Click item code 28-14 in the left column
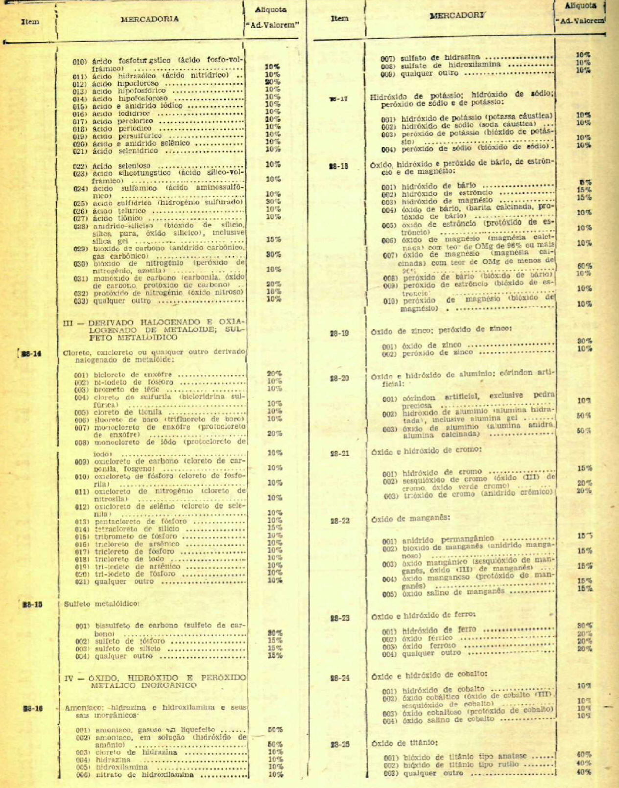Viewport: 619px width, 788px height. point(31,354)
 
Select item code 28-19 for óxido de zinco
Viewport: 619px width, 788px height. point(339,333)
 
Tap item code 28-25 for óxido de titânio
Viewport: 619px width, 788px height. point(340,744)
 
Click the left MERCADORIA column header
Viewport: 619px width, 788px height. point(149,19)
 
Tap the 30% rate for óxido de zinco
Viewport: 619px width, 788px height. point(584,341)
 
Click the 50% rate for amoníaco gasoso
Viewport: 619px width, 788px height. point(275,729)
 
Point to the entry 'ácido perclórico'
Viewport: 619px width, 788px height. point(122,121)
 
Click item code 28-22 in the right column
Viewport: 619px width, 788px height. point(340,521)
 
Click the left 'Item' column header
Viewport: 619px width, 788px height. point(30,22)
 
